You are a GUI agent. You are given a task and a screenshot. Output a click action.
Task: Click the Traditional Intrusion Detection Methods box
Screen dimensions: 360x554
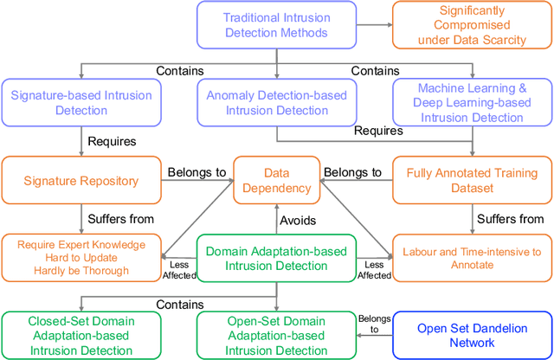275,25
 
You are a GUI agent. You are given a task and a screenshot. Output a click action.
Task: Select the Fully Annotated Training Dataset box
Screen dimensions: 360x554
473,181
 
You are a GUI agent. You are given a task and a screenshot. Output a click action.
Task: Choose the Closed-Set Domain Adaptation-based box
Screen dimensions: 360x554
81,333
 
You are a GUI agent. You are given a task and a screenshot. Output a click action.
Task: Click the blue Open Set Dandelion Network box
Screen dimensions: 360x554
473,333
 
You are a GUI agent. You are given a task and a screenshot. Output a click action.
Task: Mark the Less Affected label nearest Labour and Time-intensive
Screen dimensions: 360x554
375,269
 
